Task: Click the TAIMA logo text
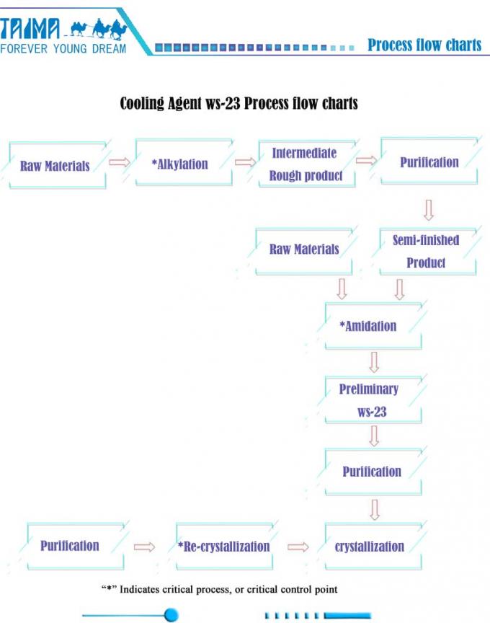click(30, 29)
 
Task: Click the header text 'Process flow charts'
click(424, 45)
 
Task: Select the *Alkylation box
click(184, 162)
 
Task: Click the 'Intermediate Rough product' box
click(306, 163)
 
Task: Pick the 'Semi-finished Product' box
click(427, 251)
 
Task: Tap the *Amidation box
click(373, 326)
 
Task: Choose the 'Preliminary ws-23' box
click(373, 399)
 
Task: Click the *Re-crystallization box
click(224, 547)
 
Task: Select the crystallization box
click(373, 547)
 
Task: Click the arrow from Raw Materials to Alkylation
click(120, 162)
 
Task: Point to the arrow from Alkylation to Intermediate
click(246, 162)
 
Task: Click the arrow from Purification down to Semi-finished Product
click(429, 210)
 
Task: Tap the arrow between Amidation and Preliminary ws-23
click(374, 362)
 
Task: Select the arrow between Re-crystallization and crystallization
click(298, 547)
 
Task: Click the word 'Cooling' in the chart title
click(142, 103)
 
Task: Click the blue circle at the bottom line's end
click(171, 615)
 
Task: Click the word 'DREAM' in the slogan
click(110, 49)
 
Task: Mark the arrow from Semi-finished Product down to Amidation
click(400, 289)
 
